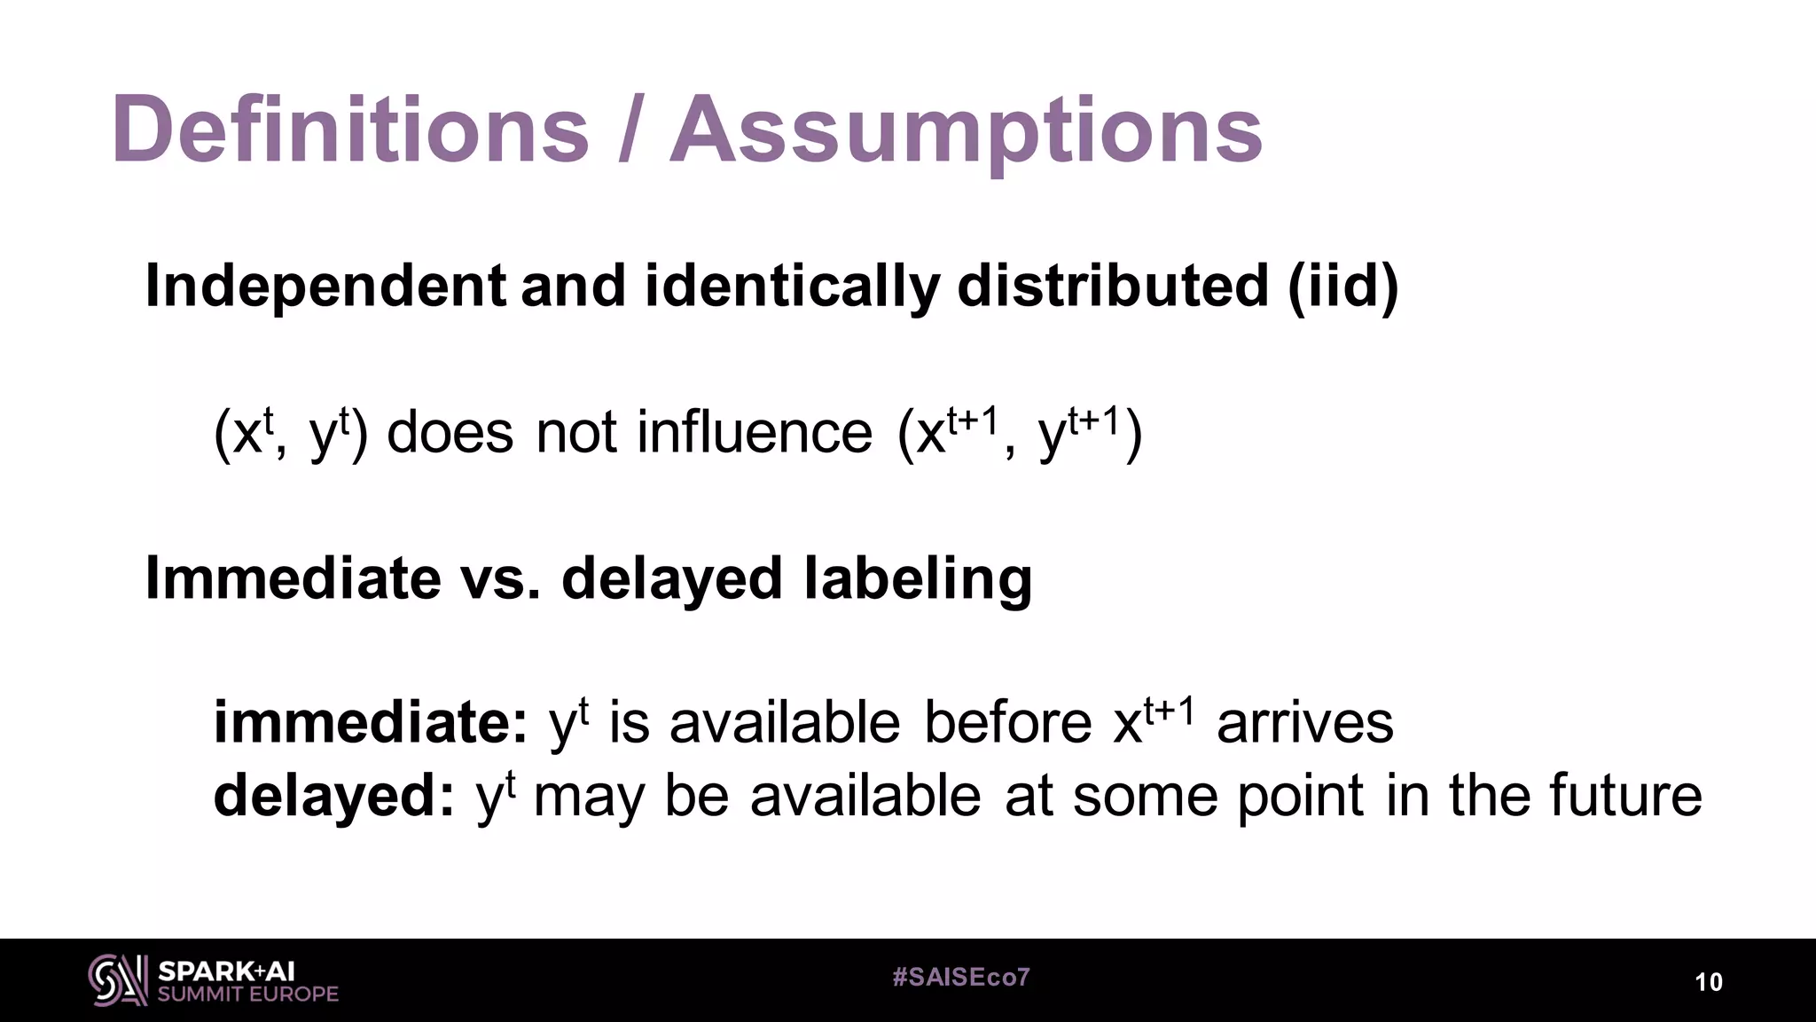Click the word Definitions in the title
pyautogui.click(x=350, y=130)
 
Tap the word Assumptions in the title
pyautogui.click(x=966, y=130)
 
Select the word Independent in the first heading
pyautogui.click(x=325, y=287)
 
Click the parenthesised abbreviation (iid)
pyautogui.click(x=1342, y=287)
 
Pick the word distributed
pyautogui.click(x=1113, y=287)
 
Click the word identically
pyautogui.click(x=792, y=287)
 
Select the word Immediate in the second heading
pyautogui.click(x=293, y=578)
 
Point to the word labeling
pyautogui.click(x=918, y=578)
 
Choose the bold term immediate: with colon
pyautogui.click(x=372, y=723)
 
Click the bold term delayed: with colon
pyautogui.click(x=334, y=796)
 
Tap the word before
pyautogui.click(x=1008, y=723)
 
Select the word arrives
pyautogui.click(x=1305, y=723)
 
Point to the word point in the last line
pyautogui.click(x=1300, y=796)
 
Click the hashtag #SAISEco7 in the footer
pyautogui.click(x=961, y=978)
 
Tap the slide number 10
pyautogui.click(x=1709, y=982)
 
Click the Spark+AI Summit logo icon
pyautogui.click(x=118, y=980)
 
